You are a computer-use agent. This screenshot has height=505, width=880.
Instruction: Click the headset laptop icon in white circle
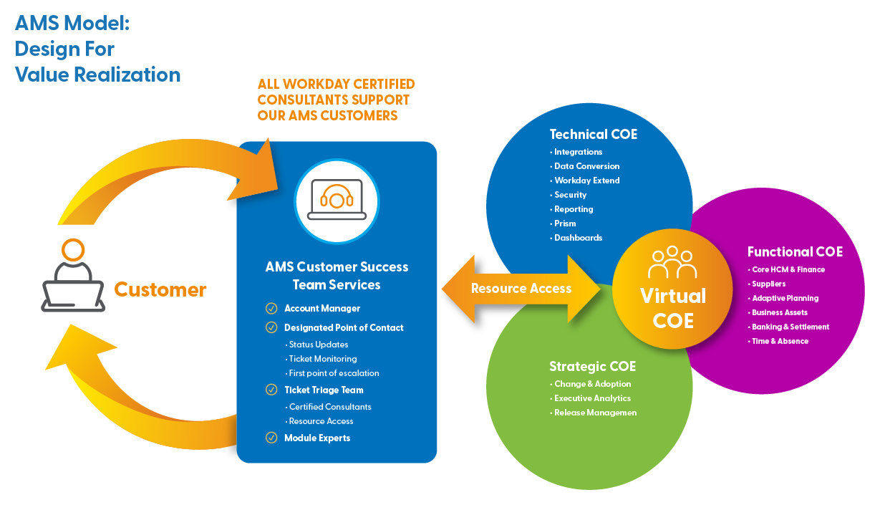[x=337, y=201]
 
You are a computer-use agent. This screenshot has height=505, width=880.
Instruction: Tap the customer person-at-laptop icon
[x=72, y=276]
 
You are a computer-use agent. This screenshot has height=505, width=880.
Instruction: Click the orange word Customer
[x=160, y=289]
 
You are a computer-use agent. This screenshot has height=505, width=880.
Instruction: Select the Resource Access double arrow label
[x=521, y=289]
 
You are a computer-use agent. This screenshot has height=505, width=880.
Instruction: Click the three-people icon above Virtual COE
[x=672, y=263]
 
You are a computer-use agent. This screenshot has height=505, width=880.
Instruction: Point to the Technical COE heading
[x=593, y=134]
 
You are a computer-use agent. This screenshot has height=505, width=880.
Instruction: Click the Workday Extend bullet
[x=586, y=181]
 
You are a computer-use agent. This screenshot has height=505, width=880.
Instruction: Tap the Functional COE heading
[x=795, y=251]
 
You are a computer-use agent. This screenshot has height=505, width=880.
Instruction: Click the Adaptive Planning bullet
[x=785, y=298]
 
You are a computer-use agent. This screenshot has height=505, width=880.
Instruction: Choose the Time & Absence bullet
[x=780, y=341]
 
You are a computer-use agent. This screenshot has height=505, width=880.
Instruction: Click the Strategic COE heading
[x=592, y=366]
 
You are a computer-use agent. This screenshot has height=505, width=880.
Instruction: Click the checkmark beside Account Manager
[x=271, y=308]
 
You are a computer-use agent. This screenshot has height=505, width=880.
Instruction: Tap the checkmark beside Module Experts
[x=271, y=437]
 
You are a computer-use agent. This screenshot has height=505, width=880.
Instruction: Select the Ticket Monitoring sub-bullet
[x=322, y=359]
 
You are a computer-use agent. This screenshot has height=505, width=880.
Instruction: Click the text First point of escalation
[x=334, y=373]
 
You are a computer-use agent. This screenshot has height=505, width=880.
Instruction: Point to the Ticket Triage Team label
[x=324, y=390]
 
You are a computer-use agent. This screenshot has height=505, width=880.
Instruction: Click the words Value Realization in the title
[x=97, y=74]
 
